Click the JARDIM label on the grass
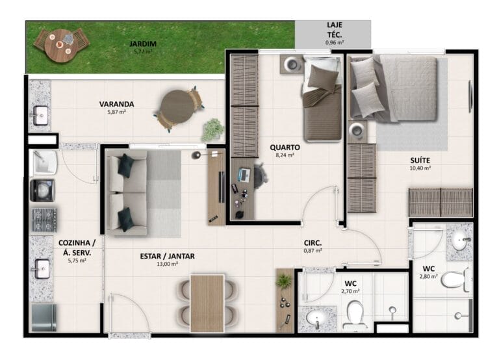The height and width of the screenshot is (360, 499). (142, 44)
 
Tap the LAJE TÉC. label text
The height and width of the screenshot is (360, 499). (335, 30)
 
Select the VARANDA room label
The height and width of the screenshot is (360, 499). (116, 104)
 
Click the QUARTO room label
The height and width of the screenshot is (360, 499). (285, 148)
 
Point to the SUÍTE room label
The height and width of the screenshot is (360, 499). (420, 161)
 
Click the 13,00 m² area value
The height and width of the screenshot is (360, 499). (167, 264)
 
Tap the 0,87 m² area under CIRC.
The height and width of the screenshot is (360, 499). (313, 251)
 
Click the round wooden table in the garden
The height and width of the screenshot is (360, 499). (60, 45)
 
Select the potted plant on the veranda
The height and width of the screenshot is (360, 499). (212, 129)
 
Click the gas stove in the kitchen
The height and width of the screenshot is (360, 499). (45, 220)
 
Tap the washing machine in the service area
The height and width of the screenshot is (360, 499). (43, 190)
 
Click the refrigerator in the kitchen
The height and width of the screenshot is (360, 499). (44, 317)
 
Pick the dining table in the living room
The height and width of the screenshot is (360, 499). (207, 303)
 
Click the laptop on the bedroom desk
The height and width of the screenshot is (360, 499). (244, 175)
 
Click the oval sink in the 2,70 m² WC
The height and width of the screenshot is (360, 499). (316, 318)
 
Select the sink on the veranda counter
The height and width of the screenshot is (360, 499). (40, 115)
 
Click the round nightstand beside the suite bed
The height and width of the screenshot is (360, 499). (357, 131)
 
